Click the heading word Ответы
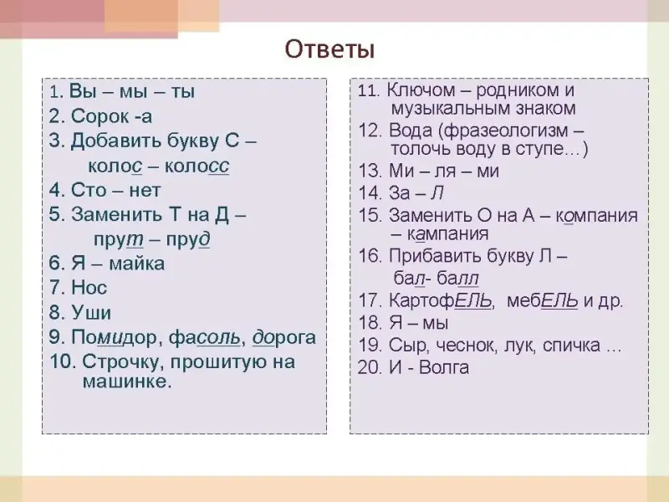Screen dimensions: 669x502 pos(329,49)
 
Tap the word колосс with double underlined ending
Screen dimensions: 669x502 pos(197,166)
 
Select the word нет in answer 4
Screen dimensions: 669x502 pos(145,190)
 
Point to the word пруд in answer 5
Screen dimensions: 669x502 pos(188,240)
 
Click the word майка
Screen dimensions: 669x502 pos(137,264)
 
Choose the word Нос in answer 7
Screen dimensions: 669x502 pos(89,287)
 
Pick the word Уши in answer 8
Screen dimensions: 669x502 pos(91,312)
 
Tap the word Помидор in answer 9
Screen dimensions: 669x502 pos(116,338)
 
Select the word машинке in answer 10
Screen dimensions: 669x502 pos(127,382)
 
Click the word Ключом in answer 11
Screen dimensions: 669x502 pos(421,90)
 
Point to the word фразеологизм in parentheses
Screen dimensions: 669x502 pos(507,131)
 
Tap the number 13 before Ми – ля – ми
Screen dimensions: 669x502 pos(370,172)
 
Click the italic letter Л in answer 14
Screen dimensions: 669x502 pos(437,193)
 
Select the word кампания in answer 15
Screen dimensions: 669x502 pos(448,234)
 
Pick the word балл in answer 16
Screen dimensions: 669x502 pos(457,279)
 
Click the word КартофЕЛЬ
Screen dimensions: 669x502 pos(442,300)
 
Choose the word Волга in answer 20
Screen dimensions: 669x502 pos(444,367)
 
